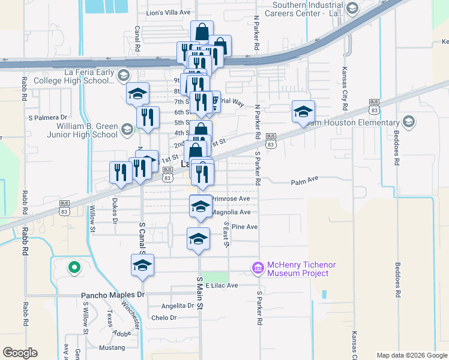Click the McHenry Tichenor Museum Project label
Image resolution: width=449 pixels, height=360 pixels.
pos(298,269)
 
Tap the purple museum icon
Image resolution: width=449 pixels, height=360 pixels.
pos(258,267)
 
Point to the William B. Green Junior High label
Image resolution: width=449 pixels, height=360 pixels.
pos(88,130)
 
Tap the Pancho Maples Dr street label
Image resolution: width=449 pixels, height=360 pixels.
pos(113,295)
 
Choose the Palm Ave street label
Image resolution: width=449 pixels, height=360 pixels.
pos(304,181)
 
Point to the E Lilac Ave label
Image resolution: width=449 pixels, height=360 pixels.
pos(222,286)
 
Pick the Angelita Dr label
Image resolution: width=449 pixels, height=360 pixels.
pos(173,305)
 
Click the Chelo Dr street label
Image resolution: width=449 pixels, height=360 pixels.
pos(164,318)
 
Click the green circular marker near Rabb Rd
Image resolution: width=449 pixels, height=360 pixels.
pos(74,267)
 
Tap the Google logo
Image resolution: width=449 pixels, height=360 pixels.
pos(20,353)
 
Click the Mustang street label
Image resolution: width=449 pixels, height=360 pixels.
pos(112,347)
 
